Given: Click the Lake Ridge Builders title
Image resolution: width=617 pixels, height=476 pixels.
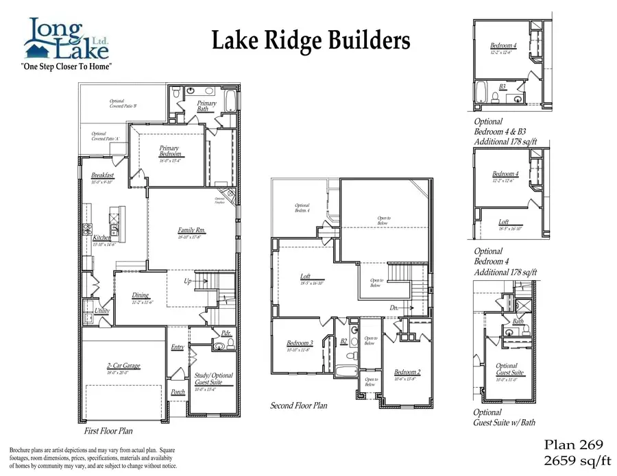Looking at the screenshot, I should coord(311,41).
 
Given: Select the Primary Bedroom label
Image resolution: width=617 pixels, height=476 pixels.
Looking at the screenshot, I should coord(169,151).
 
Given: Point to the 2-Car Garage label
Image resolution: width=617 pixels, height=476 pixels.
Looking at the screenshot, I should coord(123,366).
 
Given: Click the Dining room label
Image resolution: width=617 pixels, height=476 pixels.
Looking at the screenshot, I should coord(140,296).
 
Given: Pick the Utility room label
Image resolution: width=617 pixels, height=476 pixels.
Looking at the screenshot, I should coord(102,311).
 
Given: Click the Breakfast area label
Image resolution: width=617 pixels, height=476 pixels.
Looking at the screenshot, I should coord(102,176).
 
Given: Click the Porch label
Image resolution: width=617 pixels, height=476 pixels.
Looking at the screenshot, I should coord(178,392).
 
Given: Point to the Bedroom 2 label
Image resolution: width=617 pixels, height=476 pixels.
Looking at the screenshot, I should coord(407,372).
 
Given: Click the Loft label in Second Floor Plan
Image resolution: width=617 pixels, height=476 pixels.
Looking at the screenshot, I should coord(306,277).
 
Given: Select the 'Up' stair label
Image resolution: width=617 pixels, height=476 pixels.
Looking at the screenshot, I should coord(187,281).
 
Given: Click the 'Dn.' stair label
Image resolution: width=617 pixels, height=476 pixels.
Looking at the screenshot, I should coord(394,308).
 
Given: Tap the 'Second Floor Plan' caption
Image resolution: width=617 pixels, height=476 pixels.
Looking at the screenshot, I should coord(298,405).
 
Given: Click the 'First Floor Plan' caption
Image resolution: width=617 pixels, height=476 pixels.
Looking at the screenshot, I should coord(108,431).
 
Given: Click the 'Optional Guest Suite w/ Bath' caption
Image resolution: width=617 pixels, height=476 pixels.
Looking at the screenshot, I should coord(505,418).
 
